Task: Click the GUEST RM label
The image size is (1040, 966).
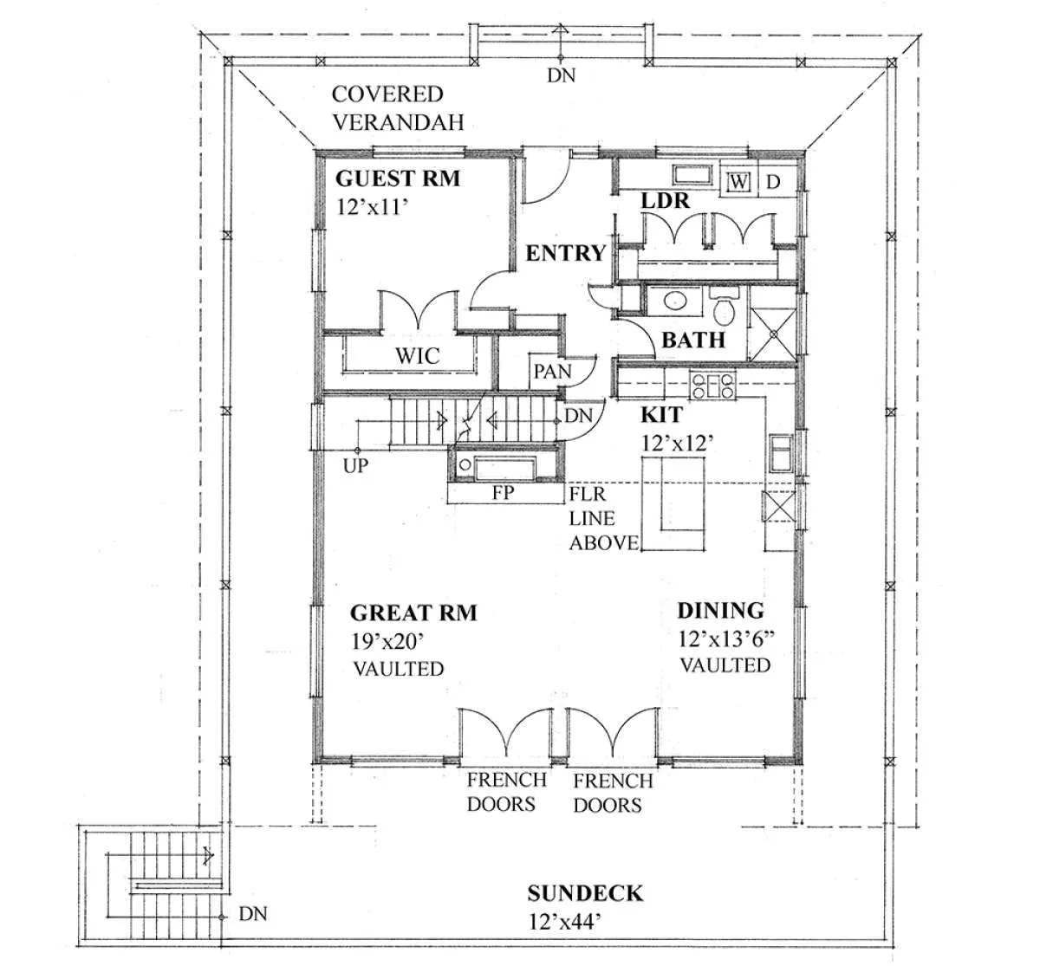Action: [x=398, y=178]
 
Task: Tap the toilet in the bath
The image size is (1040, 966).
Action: [x=725, y=307]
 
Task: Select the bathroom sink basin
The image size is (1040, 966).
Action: [x=675, y=301]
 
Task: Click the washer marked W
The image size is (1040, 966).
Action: [x=738, y=182]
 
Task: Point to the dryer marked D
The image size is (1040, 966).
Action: [x=774, y=182]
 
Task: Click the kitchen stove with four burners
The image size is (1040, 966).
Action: [x=712, y=385]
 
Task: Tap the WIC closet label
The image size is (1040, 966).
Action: [x=418, y=356]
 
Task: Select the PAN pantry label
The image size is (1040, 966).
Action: [x=552, y=372]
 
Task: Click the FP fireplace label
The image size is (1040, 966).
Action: [x=503, y=492]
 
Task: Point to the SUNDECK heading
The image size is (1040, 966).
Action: [x=585, y=893]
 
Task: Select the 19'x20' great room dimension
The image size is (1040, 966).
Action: [x=387, y=641]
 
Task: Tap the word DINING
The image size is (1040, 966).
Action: [x=720, y=611]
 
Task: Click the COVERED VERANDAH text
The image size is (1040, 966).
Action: [x=398, y=108]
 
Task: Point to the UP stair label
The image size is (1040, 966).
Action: [x=355, y=465]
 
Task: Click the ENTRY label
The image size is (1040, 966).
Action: [x=566, y=253]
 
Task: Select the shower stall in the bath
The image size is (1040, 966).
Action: [x=772, y=334]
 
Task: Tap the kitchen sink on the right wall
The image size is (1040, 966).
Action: [x=781, y=453]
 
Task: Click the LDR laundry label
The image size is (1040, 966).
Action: [x=665, y=201]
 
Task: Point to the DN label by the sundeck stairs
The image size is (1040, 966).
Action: [x=253, y=914]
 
